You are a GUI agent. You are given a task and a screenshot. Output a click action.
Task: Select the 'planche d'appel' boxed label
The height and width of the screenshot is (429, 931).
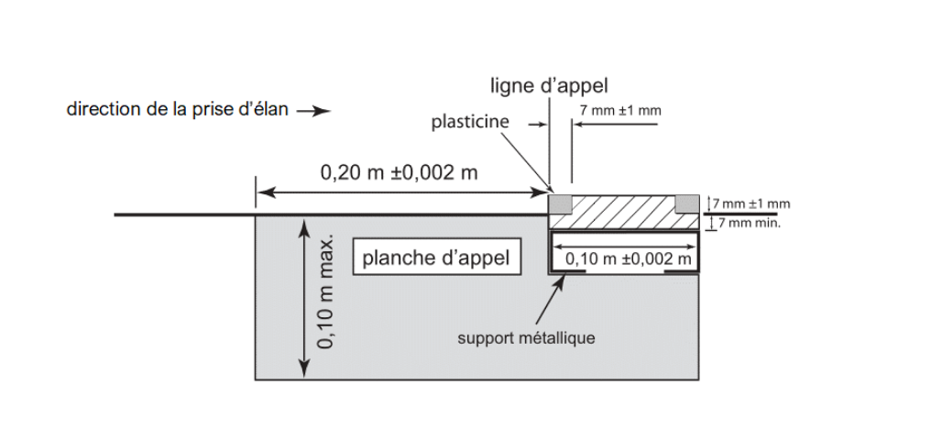pyautogui.click(x=436, y=258)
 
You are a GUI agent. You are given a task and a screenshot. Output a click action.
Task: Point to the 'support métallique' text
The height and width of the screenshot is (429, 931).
pyautogui.click(x=527, y=338)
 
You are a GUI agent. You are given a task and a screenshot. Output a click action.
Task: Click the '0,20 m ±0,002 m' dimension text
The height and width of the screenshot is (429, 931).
pyautogui.click(x=399, y=172)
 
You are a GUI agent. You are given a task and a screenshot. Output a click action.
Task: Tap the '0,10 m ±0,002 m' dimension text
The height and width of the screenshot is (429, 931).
pyautogui.click(x=628, y=259)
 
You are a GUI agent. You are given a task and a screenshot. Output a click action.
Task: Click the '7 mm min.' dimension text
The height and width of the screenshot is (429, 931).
pyautogui.click(x=750, y=223)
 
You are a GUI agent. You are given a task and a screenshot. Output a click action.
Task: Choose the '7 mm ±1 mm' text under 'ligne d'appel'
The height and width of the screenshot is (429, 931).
pyautogui.click(x=620, y=111)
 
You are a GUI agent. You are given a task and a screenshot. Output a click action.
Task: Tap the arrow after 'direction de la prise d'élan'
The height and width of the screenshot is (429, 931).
pyautogui.click(x=312, y=112)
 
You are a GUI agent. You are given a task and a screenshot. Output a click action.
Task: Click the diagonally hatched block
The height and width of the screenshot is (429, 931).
pyautogui.click(x=623, y=211)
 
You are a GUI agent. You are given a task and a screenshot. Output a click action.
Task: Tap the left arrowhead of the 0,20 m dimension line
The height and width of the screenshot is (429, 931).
pyautogui.click(x=261, y=192)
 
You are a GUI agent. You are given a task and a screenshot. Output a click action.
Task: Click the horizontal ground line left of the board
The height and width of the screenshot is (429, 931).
pyautogui.click(x=183, y=215)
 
